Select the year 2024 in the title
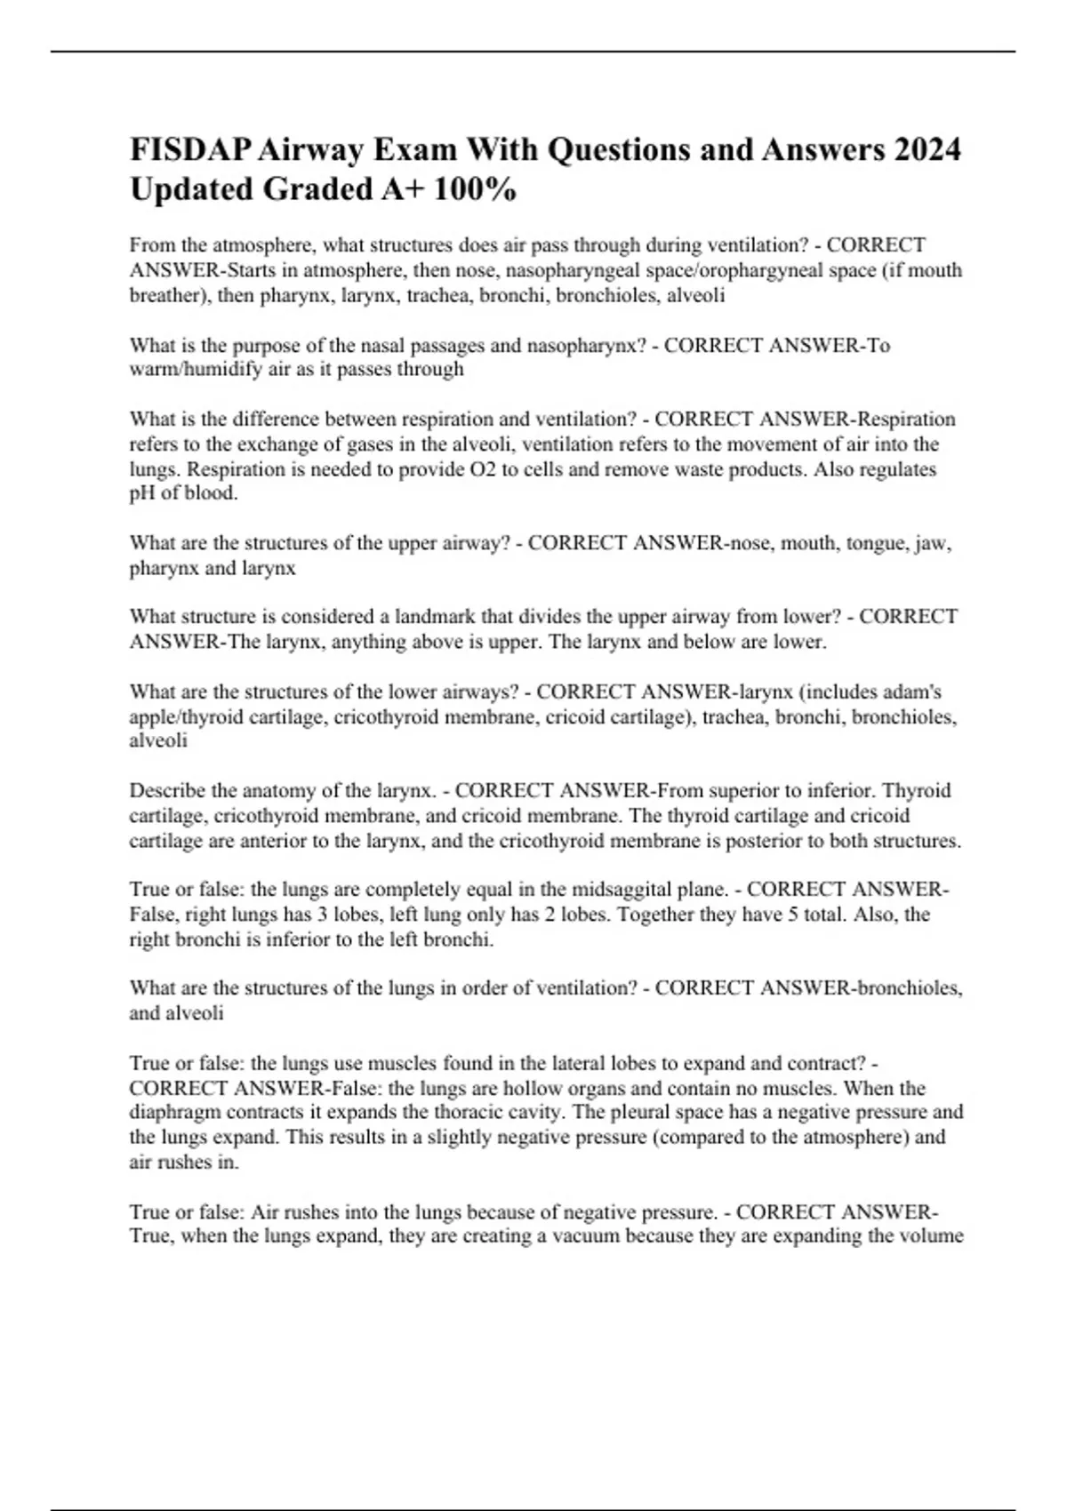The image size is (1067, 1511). tap(927, 150)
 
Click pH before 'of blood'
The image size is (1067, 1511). tap(141, 493)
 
